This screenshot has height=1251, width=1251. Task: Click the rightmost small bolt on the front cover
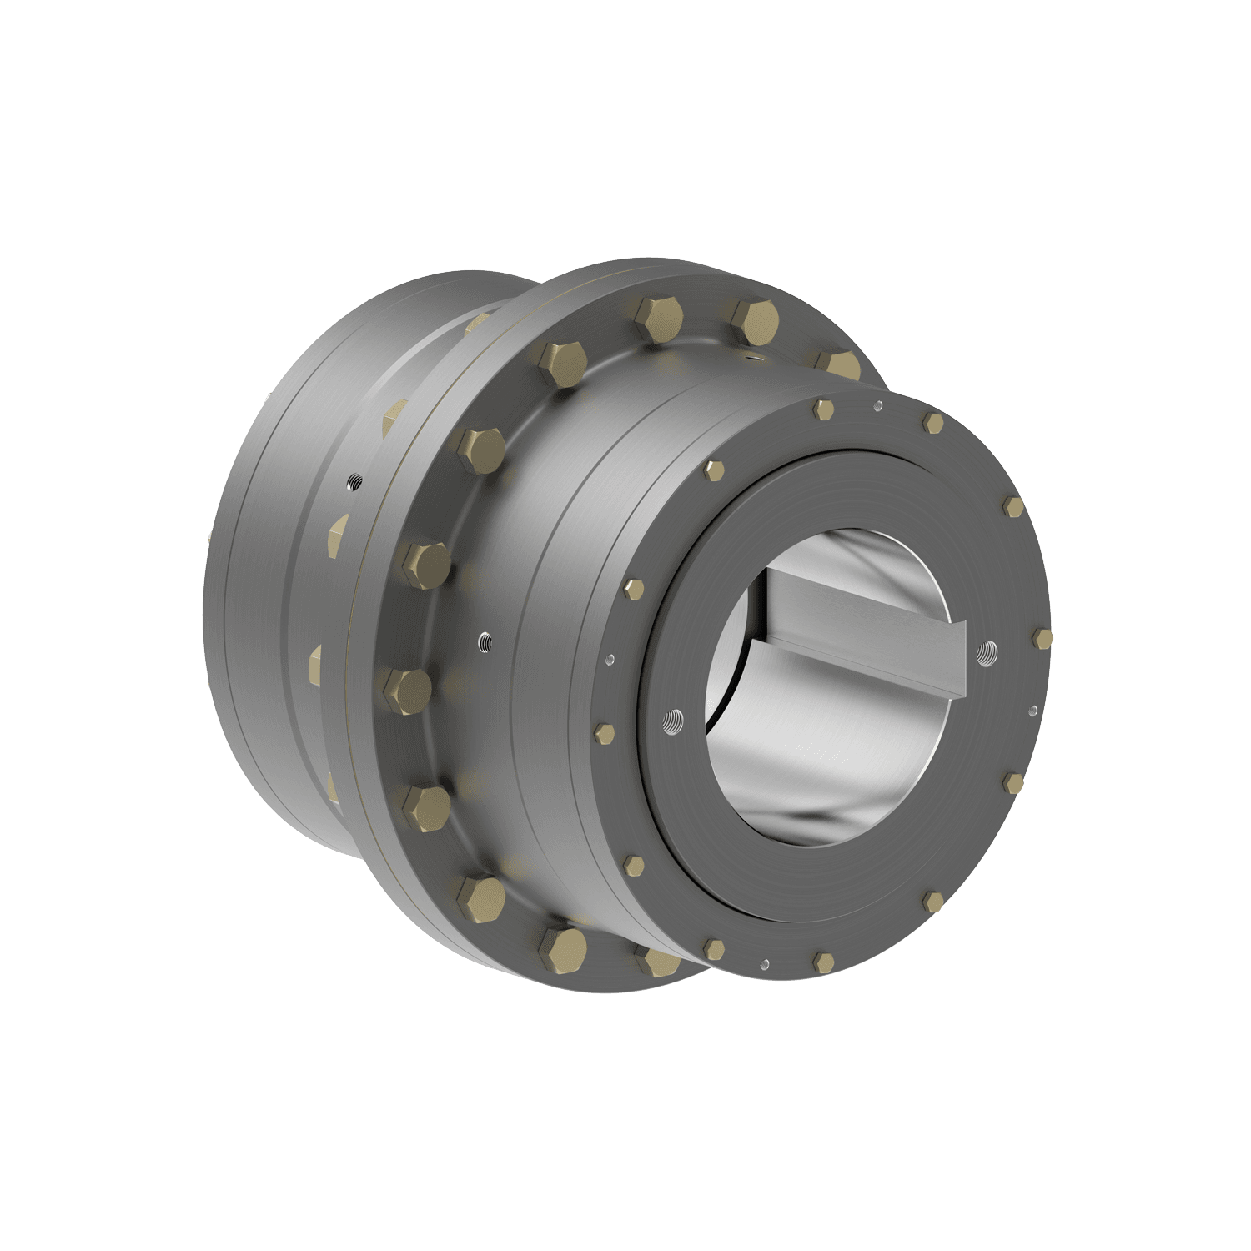coord(1042,638)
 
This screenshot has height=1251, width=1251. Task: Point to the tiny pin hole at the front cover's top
coord(877,407)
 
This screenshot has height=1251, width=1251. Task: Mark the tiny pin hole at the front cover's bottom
coord(764,963)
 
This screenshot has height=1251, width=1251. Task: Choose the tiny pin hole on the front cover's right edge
coord(1034,711)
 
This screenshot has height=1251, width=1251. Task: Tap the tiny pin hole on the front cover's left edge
coord(611,659)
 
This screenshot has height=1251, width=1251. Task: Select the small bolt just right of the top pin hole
coord(933,423)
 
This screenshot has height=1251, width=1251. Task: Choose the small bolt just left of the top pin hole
coord(823,409)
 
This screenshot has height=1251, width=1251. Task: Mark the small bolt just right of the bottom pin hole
coord(823,962)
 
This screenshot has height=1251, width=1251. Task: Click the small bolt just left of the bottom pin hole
coord(713,948)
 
